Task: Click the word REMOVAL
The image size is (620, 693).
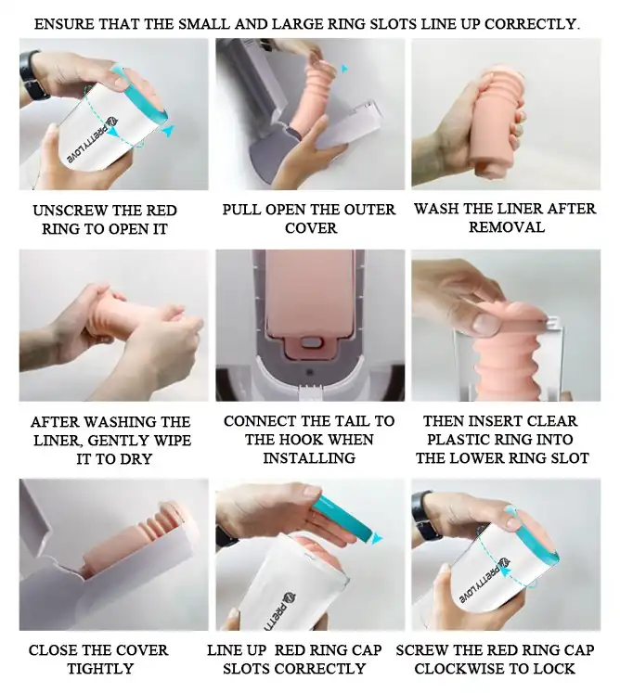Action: point(507,227)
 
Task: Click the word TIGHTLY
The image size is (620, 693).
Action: point(100,669)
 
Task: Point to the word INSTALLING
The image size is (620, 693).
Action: point(309,458)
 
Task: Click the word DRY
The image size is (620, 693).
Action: point(136,459)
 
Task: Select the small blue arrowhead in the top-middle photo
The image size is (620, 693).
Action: point(344,69)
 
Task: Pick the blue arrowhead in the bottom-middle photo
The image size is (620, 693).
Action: point(377,538)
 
